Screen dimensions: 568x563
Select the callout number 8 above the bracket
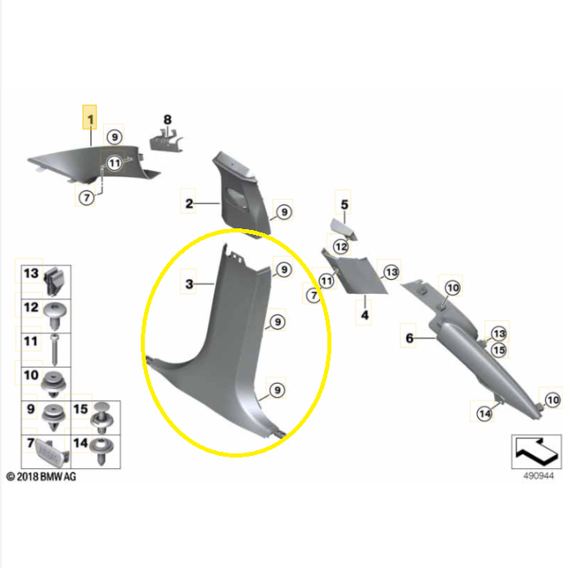(168, 121)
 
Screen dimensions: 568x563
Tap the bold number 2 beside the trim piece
(189, 204)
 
